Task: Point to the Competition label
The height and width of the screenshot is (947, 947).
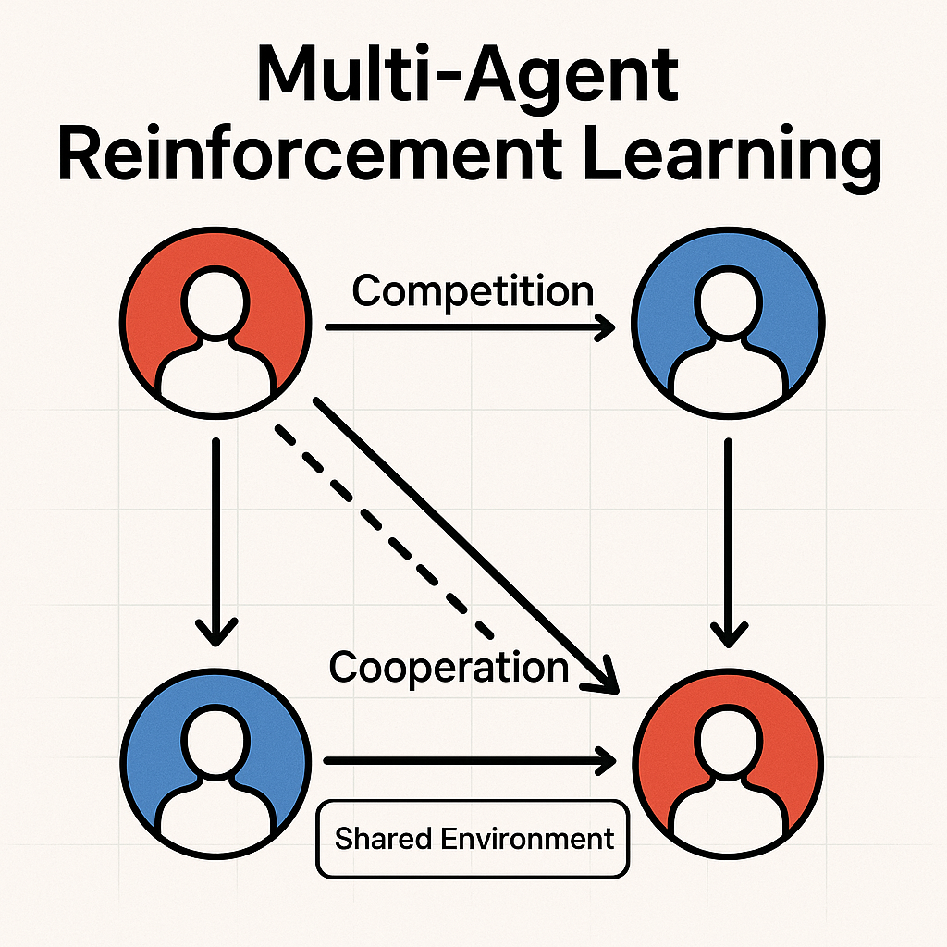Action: click(x=473, y=291)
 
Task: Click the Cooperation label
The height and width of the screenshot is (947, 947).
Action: click(x=449, y=667)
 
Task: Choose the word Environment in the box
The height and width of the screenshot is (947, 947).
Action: click(x=526, y=839)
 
